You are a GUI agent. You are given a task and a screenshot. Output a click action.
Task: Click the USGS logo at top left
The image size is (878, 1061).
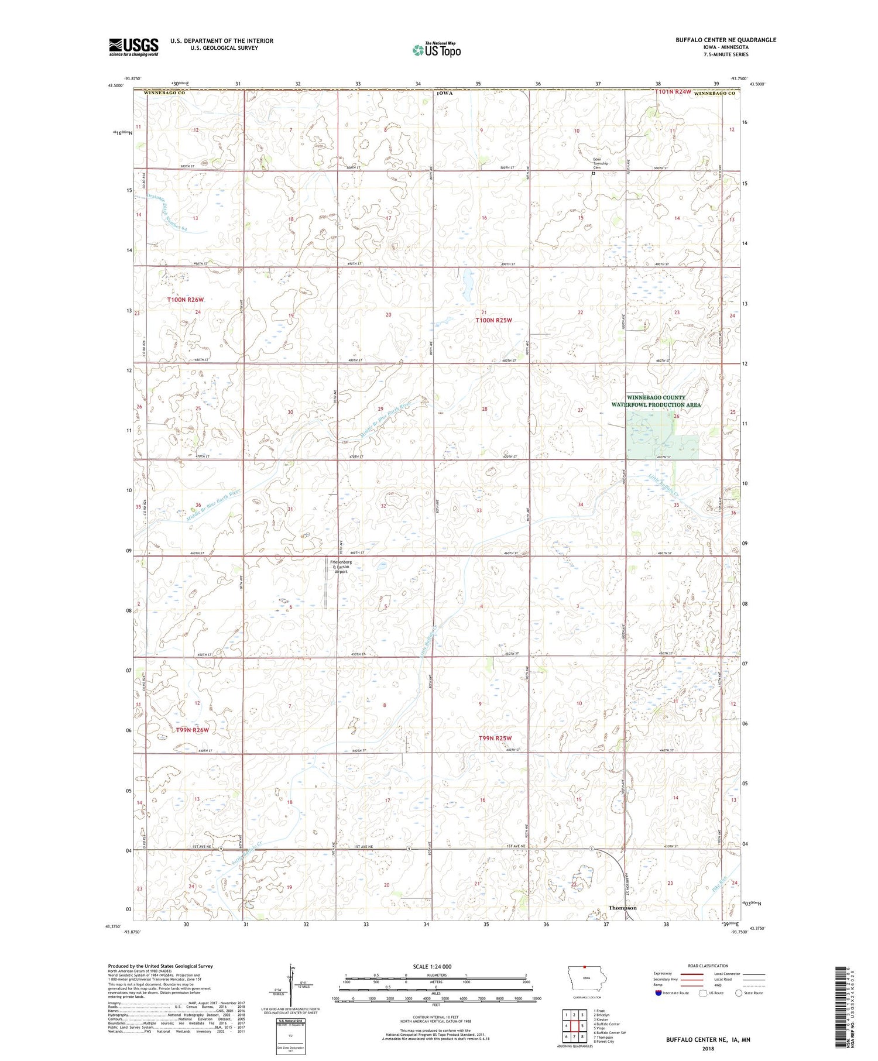tap(133, 47)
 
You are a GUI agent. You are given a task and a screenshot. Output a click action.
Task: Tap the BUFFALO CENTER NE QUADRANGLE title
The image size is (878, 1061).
tap(726, 40)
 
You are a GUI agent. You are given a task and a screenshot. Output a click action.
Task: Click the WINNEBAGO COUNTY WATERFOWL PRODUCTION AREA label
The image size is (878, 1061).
tap(656, 401)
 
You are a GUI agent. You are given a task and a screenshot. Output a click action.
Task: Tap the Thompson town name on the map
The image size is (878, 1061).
tap(622, 908)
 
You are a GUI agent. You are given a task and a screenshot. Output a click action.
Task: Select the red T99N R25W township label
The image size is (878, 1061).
tap(495, 739)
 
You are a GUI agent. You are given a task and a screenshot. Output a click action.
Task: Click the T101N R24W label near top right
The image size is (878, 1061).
tap(673, 92)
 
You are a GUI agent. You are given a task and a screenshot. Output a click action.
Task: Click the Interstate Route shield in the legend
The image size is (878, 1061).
tap(658, 993)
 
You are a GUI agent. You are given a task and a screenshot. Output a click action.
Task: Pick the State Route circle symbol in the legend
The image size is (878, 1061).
tap(739, 993)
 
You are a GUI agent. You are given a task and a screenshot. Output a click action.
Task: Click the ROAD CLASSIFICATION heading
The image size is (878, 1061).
tap(708, 966)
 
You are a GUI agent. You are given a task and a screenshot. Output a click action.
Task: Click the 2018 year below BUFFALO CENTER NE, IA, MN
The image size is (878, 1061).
tap(708, 1048)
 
